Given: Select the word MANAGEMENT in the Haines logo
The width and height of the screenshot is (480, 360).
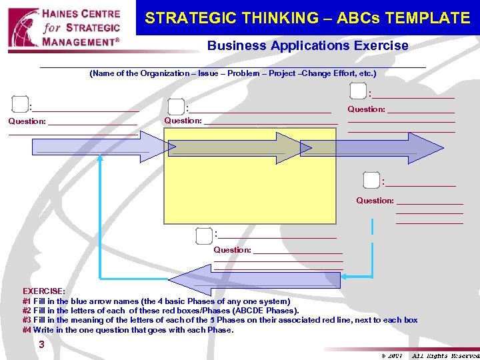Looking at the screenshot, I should (78, 42).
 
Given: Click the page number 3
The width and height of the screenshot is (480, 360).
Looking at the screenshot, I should (42, 345).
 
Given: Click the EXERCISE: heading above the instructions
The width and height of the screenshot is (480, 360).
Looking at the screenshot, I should (44, 291).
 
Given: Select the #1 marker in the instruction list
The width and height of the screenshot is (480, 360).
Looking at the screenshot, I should (27, 301).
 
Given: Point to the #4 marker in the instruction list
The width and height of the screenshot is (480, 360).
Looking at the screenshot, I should (27, 329).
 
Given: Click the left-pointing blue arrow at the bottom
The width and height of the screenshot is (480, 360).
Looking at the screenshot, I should (253, 280).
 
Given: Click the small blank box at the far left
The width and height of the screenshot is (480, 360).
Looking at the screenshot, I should (20, 103).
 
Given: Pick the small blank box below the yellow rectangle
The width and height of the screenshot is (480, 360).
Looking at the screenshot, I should (204, 235).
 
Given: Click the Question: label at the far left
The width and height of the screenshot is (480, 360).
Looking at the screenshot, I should (27, 121).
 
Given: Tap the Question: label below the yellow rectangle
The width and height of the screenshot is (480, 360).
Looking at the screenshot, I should (232, 250).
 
